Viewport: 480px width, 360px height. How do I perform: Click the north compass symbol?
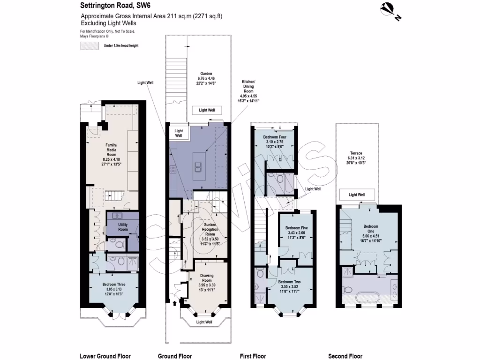click(x=389, y=10)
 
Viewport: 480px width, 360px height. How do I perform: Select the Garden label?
click(x=206, y=74)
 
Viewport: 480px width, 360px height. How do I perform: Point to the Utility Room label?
click(x=123, y=227)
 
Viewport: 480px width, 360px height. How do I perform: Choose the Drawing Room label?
click(x=207, y=282)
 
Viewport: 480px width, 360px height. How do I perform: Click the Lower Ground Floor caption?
click(x=105, y=356)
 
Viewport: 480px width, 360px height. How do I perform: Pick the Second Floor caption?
click(x=345, y=356)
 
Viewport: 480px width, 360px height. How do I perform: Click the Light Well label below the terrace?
click(x=357, y=195)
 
